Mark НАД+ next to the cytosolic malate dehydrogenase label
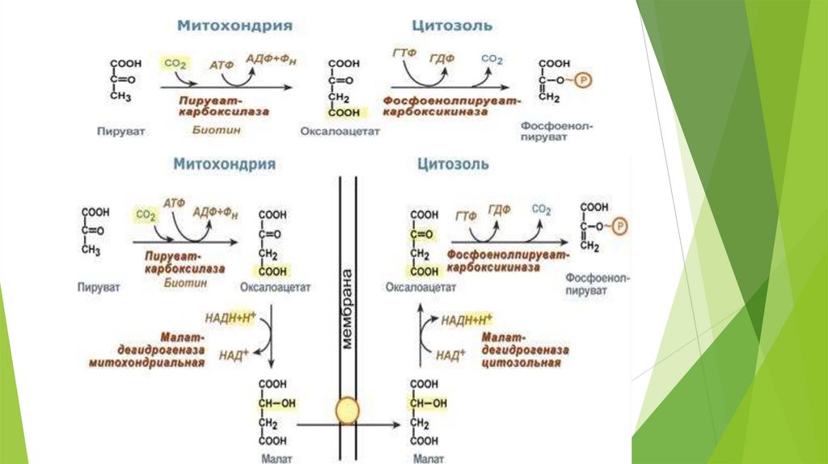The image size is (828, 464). (450, 354)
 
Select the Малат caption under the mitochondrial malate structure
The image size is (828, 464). (272, 458)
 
